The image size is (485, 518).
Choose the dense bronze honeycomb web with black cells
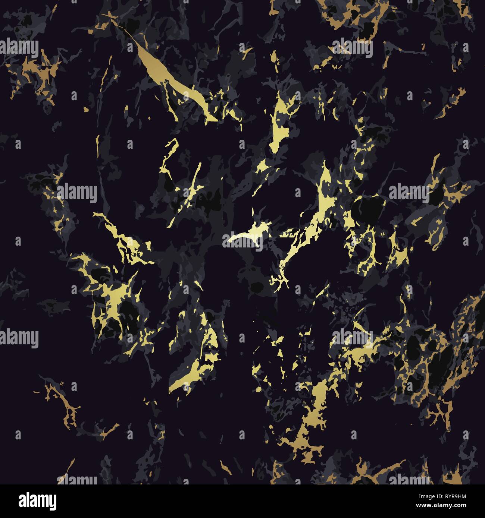click(425, 354)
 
